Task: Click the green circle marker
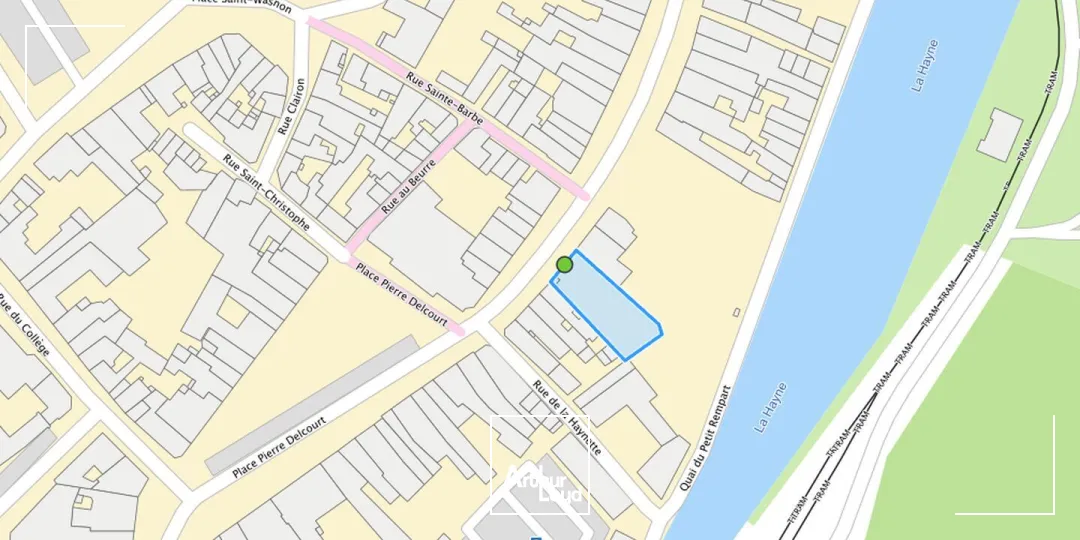pos(564,265)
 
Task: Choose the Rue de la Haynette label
pos(566,418)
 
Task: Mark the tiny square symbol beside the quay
pos(737,312)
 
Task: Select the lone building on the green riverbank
pos(999,134)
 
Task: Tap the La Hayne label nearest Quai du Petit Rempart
pos(771,407)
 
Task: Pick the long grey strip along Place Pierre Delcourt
pos(312,405)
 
